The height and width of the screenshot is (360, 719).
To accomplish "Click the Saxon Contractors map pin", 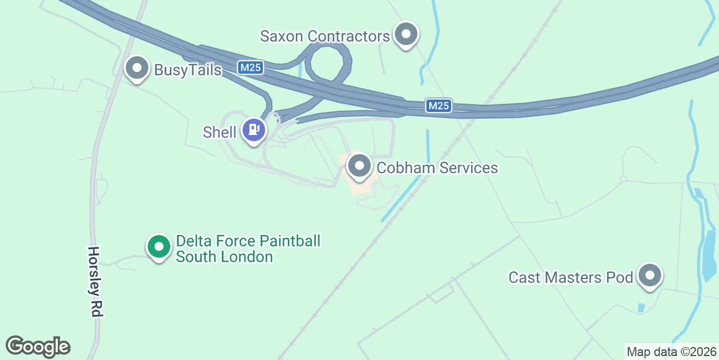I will click(406, 35).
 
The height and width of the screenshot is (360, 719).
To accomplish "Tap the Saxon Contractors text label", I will click(325, 37).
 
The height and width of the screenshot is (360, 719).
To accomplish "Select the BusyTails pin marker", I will click(136, 69).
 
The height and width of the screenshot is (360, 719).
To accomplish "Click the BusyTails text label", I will click(188, 70).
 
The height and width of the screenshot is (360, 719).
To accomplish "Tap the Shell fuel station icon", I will click(254, 130).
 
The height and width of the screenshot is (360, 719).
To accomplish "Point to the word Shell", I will click(220, 132).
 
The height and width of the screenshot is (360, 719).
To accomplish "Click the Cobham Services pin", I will click(359, 166).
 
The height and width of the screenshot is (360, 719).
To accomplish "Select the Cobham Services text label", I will click(437, 168).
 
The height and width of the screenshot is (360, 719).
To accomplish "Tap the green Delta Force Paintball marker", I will click(159, 246).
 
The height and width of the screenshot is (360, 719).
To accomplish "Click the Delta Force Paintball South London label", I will click(248, 249).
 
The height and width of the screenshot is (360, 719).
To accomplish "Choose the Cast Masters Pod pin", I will click(650, 276).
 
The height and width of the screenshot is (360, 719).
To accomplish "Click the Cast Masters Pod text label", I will click(571, 277).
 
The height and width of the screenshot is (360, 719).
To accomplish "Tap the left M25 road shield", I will click(250, 68).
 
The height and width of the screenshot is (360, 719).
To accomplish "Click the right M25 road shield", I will click(438, 106).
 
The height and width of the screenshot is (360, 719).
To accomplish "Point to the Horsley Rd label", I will click(94, 281).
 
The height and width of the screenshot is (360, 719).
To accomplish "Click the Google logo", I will click(38, 346).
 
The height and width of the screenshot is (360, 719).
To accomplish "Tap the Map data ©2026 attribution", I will click(671, 352).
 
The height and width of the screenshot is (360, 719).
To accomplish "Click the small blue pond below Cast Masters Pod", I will click(641, 308).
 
